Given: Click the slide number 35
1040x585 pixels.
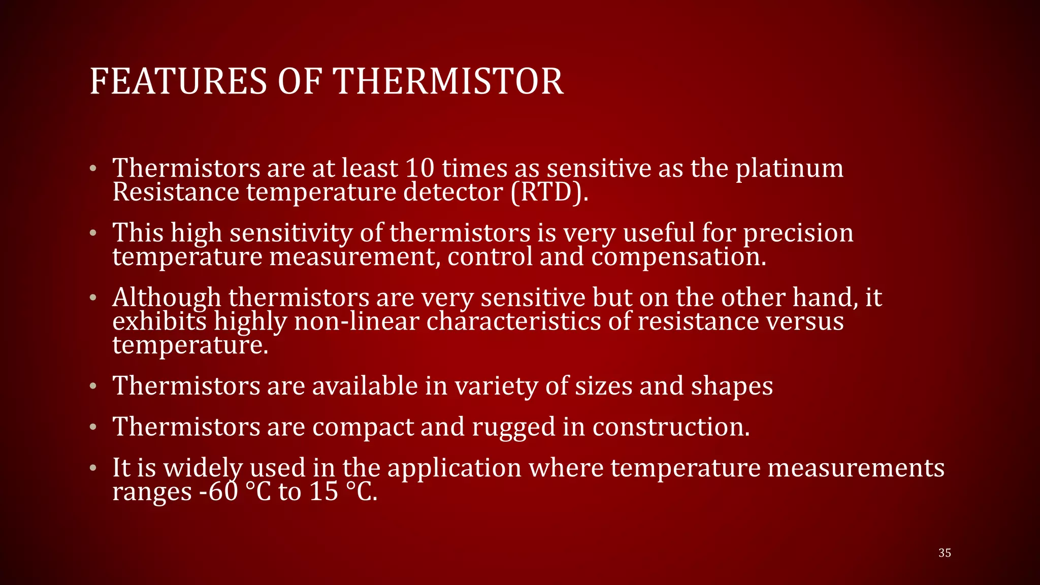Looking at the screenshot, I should click(x=945, y=553).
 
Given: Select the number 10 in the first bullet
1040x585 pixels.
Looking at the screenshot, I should click(x=419, y=168).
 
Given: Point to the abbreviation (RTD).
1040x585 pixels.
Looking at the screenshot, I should click(x=549, y=192).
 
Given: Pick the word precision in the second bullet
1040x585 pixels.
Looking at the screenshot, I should click(x=798, y=234).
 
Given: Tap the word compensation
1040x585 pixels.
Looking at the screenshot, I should click(x=678, y=257).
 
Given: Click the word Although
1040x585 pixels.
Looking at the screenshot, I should click(x=166, y=298).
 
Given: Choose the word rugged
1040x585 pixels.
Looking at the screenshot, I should click(x=513, y=427).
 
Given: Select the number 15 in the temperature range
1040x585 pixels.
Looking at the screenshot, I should click(x=323, y=492).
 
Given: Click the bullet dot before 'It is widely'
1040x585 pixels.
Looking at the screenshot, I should click(x=92, y=468).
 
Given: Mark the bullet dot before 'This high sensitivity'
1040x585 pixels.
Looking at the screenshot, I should click(x=92, y=233).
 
